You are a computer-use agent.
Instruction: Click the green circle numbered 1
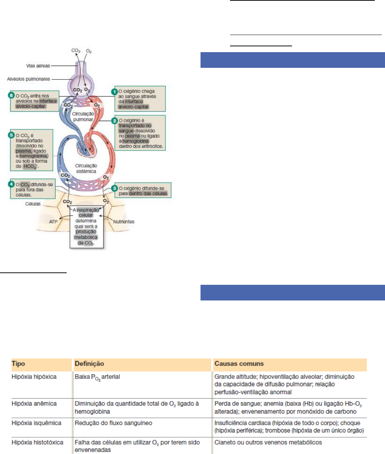coord(114,91)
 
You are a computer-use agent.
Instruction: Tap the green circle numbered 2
coord(114,120)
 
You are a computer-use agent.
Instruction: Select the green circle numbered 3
coord(114,188)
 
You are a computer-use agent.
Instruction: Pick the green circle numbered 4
coord(12,184)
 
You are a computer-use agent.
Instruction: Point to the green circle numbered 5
coord(12,135)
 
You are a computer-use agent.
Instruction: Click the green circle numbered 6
coord(12,96)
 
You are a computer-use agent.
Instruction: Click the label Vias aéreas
coord(38,66)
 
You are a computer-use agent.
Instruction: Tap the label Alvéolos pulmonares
coord(28,79)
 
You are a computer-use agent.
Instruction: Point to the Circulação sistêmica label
coord(86,168)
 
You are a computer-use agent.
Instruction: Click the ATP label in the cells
coord(53,222)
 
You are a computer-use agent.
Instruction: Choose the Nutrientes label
coord(124,222)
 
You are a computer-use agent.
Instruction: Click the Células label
coord(33,204)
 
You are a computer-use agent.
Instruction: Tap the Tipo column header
coord(18,364)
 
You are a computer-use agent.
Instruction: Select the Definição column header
coord(89,364)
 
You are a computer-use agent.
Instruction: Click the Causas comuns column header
coord(239,364)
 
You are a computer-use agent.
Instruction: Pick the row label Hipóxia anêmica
coord(34,404)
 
